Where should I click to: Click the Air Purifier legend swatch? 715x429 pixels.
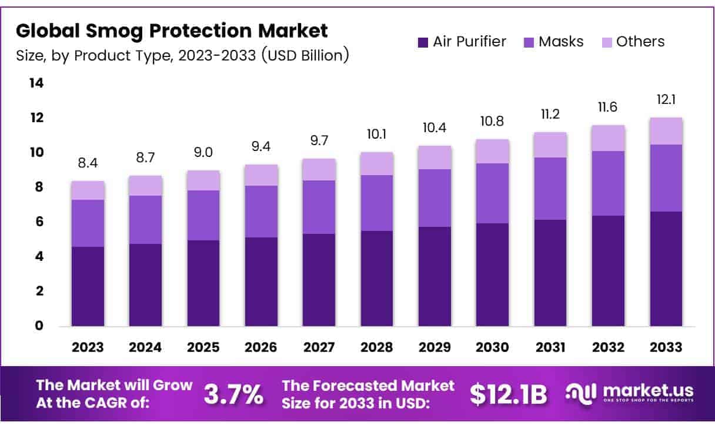pyautogui.click(x=423, y=42)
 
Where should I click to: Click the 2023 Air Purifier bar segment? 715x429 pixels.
pyautogui.click(x=88, y=286)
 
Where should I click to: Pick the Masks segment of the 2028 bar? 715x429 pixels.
pyautogui.click(x=377, y=203)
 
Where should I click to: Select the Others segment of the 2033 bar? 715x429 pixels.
pyautogui.click(x=666, y=131)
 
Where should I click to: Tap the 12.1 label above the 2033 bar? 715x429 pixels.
pyautogui.click(x=666, y=100)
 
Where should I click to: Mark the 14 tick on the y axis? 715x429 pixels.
pyautogui.click(x=36, y=83)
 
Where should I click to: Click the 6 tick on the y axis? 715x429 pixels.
pyautogui.click(x=39, y=222)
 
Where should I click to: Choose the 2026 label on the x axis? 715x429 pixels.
pyautogui.click(x=261, y=347)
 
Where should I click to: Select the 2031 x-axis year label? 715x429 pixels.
pyautogui.click(x=550, y=347)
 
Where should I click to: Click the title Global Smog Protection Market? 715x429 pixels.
pyautogui.click(x=172, y=30)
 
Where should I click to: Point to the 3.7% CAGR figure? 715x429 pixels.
pyautogui.click(x=233, y=395)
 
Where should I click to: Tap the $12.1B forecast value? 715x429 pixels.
pyautogui.click(x=509, y=395)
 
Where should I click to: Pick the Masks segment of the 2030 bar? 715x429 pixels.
pyautogui.click(x=493, y=193)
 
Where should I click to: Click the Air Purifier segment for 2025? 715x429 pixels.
pyautogui.click(x=203, y=283)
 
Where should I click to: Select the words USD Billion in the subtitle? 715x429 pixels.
pyautogui.click(x=305, y=56)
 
